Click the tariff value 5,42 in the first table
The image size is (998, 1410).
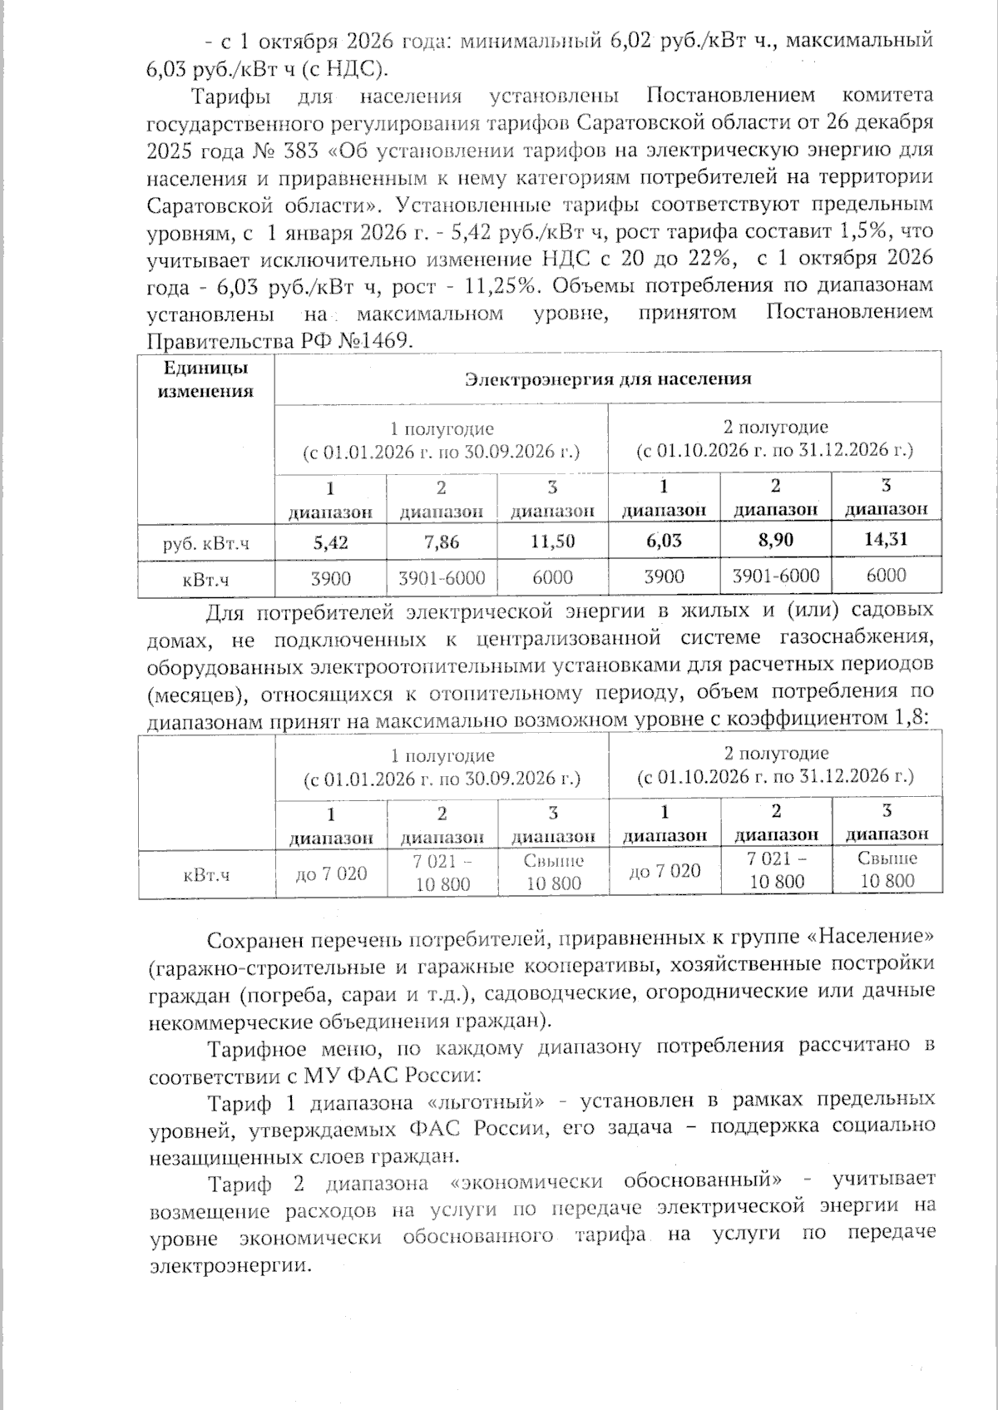(x=330, y=542)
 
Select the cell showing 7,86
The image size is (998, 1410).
(x=442, y=542)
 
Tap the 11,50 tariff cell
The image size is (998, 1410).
(x=553, y=542)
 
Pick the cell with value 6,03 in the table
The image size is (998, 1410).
(x=664, y=541)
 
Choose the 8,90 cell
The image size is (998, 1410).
(x=775, y=540)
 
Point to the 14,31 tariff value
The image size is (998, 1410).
(x=887, y=539)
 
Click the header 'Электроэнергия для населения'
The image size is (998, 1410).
(x=607, y=379)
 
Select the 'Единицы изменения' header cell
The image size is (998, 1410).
(x=205, y=379)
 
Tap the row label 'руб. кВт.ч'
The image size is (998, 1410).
(x=205, y=545)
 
